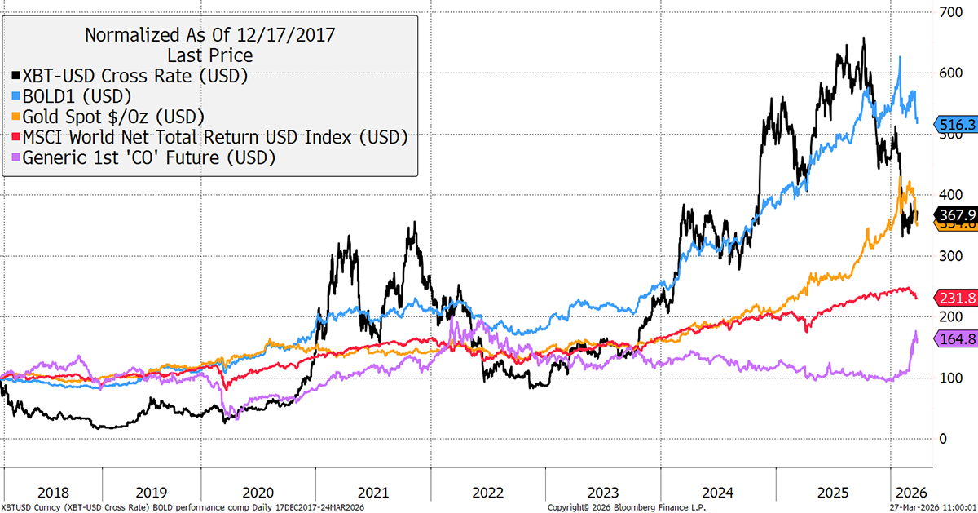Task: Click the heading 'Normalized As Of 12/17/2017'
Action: (x=209, y=35)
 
